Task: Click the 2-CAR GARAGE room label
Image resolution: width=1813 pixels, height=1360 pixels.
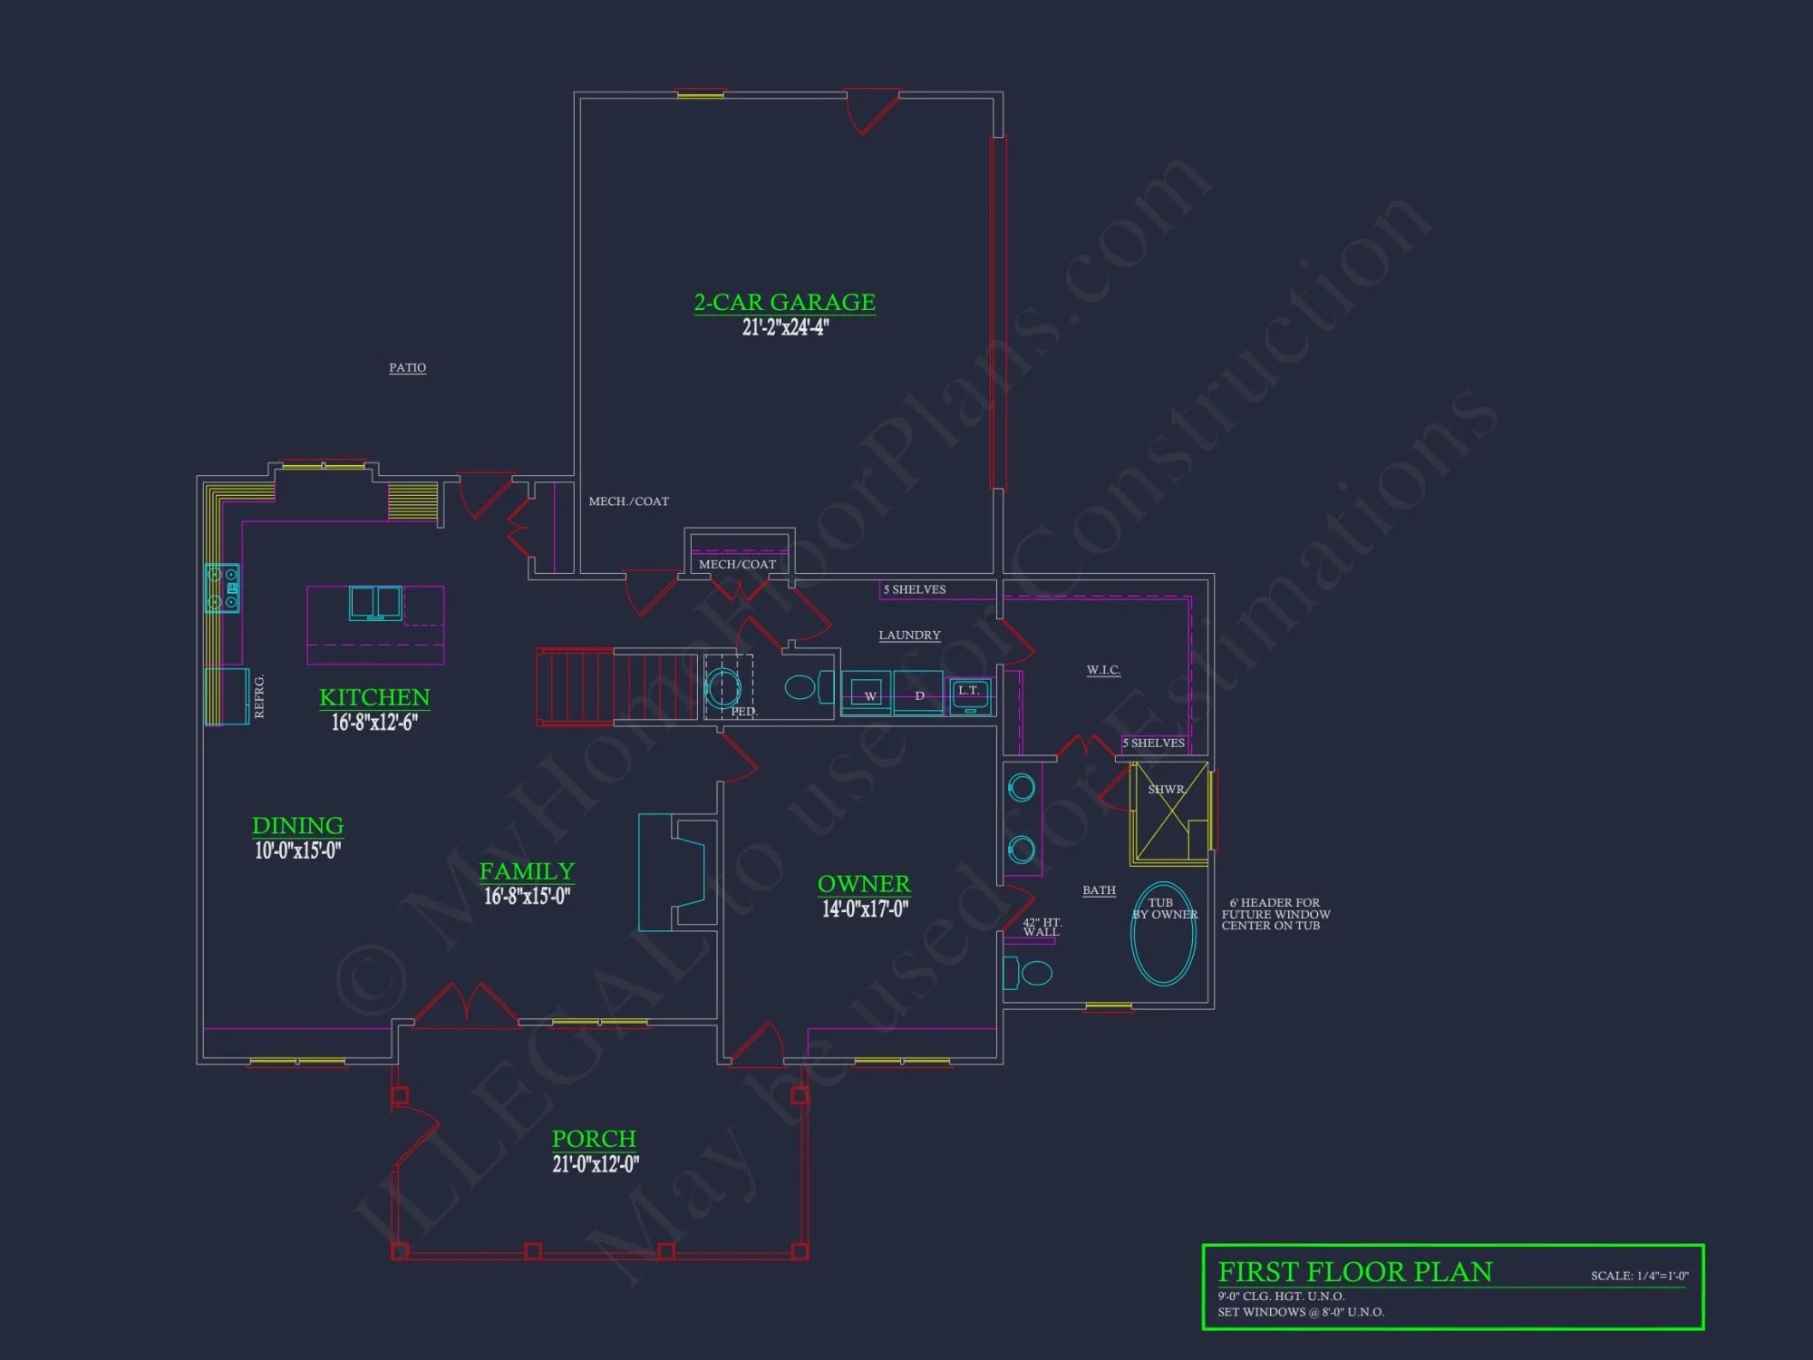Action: (784, 302)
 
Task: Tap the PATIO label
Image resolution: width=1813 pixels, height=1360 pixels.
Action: (407, 367)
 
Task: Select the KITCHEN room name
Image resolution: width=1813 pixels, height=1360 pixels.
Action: (374, 697)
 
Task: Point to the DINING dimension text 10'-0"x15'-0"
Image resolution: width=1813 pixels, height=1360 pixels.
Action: (297, 850)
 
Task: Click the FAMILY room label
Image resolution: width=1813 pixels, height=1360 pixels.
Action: (527, 871)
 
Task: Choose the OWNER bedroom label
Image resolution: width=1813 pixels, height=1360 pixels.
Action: (864, 884)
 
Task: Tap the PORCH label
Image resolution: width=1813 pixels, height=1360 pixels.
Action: (594, 1139)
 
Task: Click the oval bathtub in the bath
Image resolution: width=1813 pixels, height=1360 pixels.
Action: (1163, 934)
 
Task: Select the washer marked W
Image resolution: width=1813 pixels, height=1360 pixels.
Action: (868, 695)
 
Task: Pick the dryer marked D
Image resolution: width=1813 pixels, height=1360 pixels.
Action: (918, 695)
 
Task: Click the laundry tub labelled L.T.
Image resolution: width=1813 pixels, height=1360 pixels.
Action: (969, 695)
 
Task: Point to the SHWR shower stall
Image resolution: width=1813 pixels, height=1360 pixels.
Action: (1168, 812)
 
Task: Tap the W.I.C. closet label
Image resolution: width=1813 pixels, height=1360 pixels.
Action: (1103, 670)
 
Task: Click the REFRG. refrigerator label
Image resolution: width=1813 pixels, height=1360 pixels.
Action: (259, 696)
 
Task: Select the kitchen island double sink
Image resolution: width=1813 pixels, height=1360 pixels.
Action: (375, 603)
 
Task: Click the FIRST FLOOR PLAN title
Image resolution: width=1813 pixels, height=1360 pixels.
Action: (1354, 1272)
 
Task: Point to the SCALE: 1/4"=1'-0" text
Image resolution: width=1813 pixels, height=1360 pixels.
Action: (1639, 1276)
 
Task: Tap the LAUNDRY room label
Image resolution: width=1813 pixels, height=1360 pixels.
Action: (909, 636)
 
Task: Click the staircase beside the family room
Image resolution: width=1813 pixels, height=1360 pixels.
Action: (616, 686)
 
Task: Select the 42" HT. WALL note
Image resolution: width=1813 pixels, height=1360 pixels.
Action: (1042, 927)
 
